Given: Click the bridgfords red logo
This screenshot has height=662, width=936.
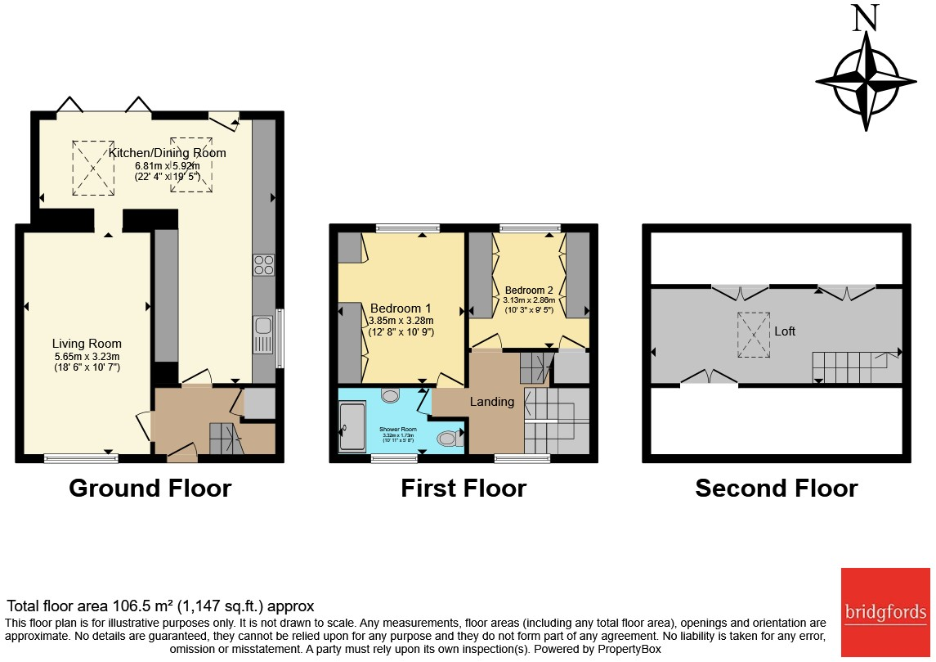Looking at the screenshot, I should (886, 611).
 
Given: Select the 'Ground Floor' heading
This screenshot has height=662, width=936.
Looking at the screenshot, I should (150, 489).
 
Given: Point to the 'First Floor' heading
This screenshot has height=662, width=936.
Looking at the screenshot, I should (464, 489).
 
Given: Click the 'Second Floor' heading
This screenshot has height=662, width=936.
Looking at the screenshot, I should (776, 489).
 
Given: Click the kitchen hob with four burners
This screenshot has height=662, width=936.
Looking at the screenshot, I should (264, 264).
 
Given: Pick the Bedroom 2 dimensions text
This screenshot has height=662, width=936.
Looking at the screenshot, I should (529, 305).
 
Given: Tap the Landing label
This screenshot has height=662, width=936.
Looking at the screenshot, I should (492, 401).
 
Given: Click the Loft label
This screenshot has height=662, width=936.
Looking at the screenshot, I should (785, 331).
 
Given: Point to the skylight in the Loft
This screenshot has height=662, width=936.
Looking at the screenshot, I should (754, 335).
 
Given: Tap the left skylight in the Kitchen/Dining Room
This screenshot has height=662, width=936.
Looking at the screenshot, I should (93, 168).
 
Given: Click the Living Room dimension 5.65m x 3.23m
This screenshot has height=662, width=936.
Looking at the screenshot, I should (87, 357).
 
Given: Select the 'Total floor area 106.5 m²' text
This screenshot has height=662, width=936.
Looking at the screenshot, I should (160, 606).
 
